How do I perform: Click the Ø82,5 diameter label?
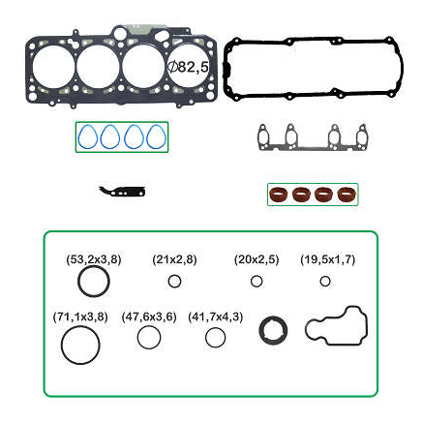click(189, 67)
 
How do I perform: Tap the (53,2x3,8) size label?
click(94, 259)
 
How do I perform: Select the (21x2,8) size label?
click(174, 259)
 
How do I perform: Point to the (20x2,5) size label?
click(256, 259)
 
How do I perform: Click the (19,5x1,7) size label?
click(327, 259)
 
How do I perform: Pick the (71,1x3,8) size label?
click(80, 316)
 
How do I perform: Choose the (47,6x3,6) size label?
click(149, 316)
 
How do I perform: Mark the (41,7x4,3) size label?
click(215, 316)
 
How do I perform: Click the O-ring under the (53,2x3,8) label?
click(78, 282)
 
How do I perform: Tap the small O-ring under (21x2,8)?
click(168, 282)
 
